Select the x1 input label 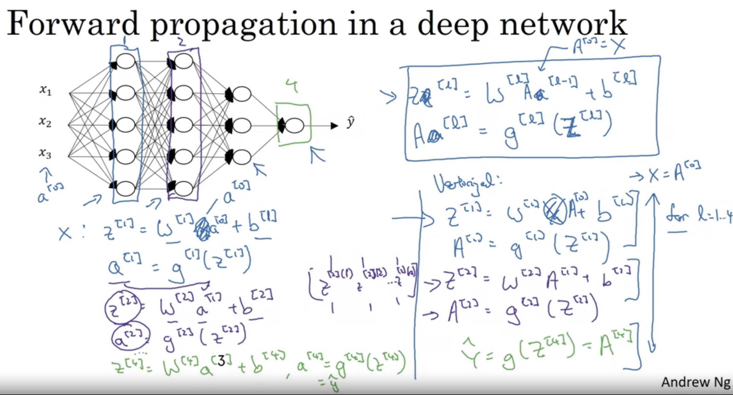coord(45,90)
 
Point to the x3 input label coord(45,154)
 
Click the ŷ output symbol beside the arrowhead coord(351,122)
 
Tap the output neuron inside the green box coord(295,126)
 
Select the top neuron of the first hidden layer coord(125,61)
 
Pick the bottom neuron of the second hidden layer coord(184,188)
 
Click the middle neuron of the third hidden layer coord(242,125)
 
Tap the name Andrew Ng coord(695,382)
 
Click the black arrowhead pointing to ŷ coord(334,126)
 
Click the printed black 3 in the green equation coord(221,361)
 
